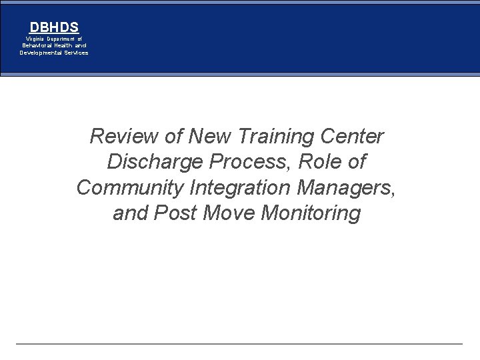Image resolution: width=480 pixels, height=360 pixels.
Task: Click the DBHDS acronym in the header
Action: (x=54, y=27)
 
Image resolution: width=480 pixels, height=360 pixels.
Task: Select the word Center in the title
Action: (x=352, y=137)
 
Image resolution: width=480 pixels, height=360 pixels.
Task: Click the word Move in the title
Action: (x=227, y=214)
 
